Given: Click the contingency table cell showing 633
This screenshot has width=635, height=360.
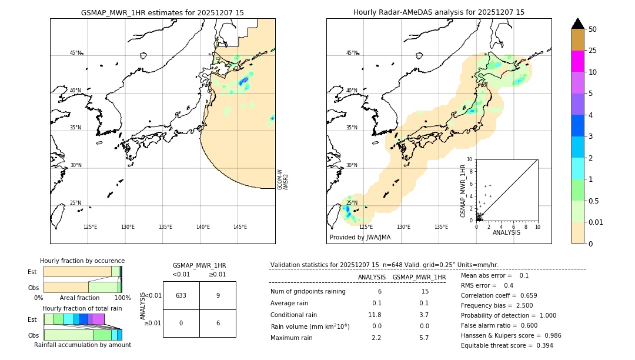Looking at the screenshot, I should click(181, 295).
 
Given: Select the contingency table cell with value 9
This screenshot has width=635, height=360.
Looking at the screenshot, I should click(218, 295).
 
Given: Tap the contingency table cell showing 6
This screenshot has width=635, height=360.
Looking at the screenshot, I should click(218, 323).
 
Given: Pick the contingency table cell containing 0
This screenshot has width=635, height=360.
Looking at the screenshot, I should click(181, 323).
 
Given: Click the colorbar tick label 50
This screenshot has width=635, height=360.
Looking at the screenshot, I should click(593, 29).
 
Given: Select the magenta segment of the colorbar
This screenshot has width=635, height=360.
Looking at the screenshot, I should click(577, 61).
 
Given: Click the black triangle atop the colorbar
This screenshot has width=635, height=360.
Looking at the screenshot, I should click(577, 24).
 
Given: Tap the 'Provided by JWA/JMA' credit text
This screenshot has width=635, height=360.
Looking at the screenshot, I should click(360, 238).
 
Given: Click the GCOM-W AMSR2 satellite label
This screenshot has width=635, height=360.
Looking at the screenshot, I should click(283, 179).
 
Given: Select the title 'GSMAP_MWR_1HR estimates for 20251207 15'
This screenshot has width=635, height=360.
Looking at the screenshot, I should click(162, 12).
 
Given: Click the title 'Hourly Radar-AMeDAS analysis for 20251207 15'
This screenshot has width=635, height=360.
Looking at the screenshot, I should click(439, 12).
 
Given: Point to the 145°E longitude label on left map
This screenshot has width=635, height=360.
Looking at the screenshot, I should click(240, 227).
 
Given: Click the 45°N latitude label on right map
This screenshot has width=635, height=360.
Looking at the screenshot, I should click(352, 53).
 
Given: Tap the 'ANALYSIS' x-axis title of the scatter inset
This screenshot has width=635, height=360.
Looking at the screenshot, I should click(506, 232).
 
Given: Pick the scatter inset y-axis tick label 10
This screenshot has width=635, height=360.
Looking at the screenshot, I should click(469, 159).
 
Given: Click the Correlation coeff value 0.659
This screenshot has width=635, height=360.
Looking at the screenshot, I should click(524, 295).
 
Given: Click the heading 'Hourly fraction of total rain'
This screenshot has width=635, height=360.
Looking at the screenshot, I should click(82, 308).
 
